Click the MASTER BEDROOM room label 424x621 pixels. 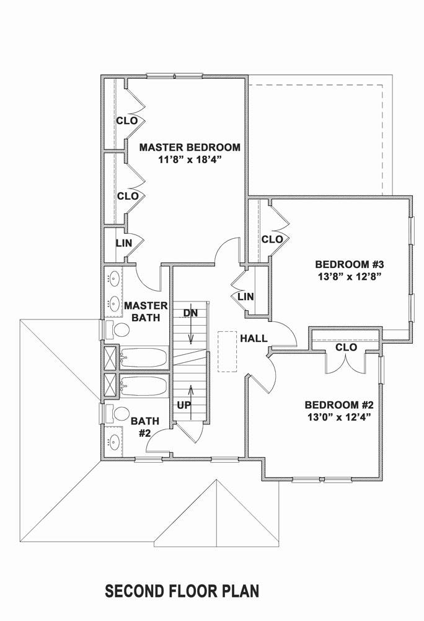coord(189,148)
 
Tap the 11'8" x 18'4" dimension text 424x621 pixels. coord(189,159)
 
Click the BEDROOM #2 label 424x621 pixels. coord(339,404)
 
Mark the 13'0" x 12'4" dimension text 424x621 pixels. coord(339,417)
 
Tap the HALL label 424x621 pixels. coord(254,339)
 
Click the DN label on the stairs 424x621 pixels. coord(190,314)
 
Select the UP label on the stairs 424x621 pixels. coord(184,404)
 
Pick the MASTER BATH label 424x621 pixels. coord(146,311)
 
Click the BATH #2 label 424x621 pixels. coord(144,427)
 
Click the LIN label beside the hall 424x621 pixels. coord(245,297)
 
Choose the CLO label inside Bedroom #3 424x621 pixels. coord(272,239)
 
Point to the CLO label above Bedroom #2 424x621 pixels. coord(346,348)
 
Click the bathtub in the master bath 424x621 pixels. coord(144,358)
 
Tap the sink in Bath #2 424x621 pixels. coord(114,442)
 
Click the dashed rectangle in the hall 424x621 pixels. coord(227,351)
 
